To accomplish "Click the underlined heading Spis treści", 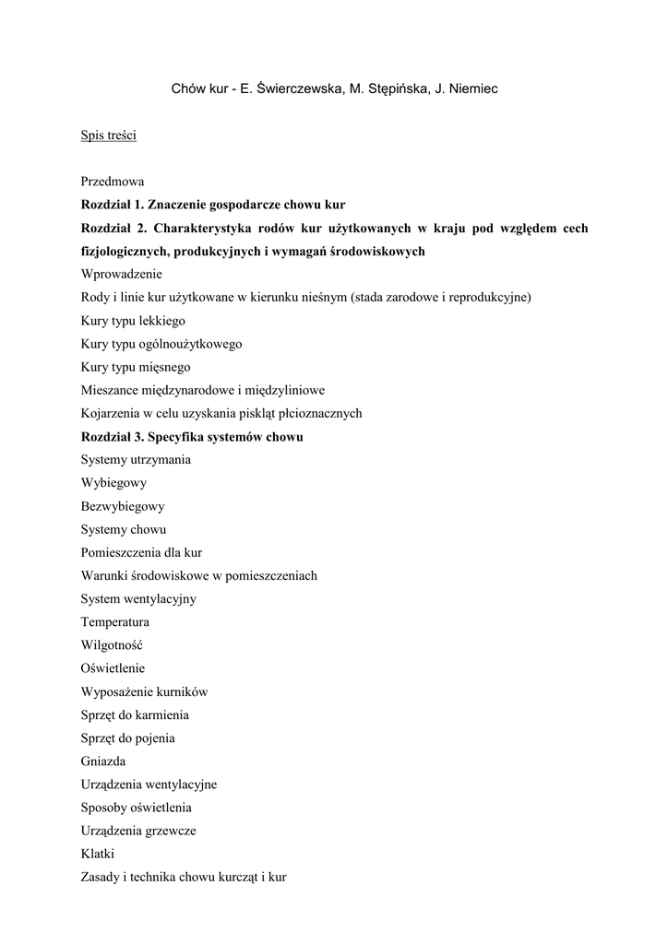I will (x=109, y=136).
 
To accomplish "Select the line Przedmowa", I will (x=112, y=182).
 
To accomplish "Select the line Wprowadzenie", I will (x=121, y=274).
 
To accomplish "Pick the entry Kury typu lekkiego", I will (x=133, y=321).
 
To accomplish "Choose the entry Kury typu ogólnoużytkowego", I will (x=161, y=344).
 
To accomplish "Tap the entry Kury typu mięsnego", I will (x=136, y=367).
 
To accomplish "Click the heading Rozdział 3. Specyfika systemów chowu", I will (x=192, y=437).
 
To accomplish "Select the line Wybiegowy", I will (x=113, y=483).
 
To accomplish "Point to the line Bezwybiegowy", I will (x=123, y=506).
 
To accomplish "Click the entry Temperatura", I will (x=115, y=622).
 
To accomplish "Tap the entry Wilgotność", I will (x=112, y=645).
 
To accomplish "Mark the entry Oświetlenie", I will (x=113, y=668).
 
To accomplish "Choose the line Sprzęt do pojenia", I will (x=128, y=738).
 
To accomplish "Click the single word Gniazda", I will (x=103, y=761).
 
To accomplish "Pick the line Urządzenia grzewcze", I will (x=138, y=831).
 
